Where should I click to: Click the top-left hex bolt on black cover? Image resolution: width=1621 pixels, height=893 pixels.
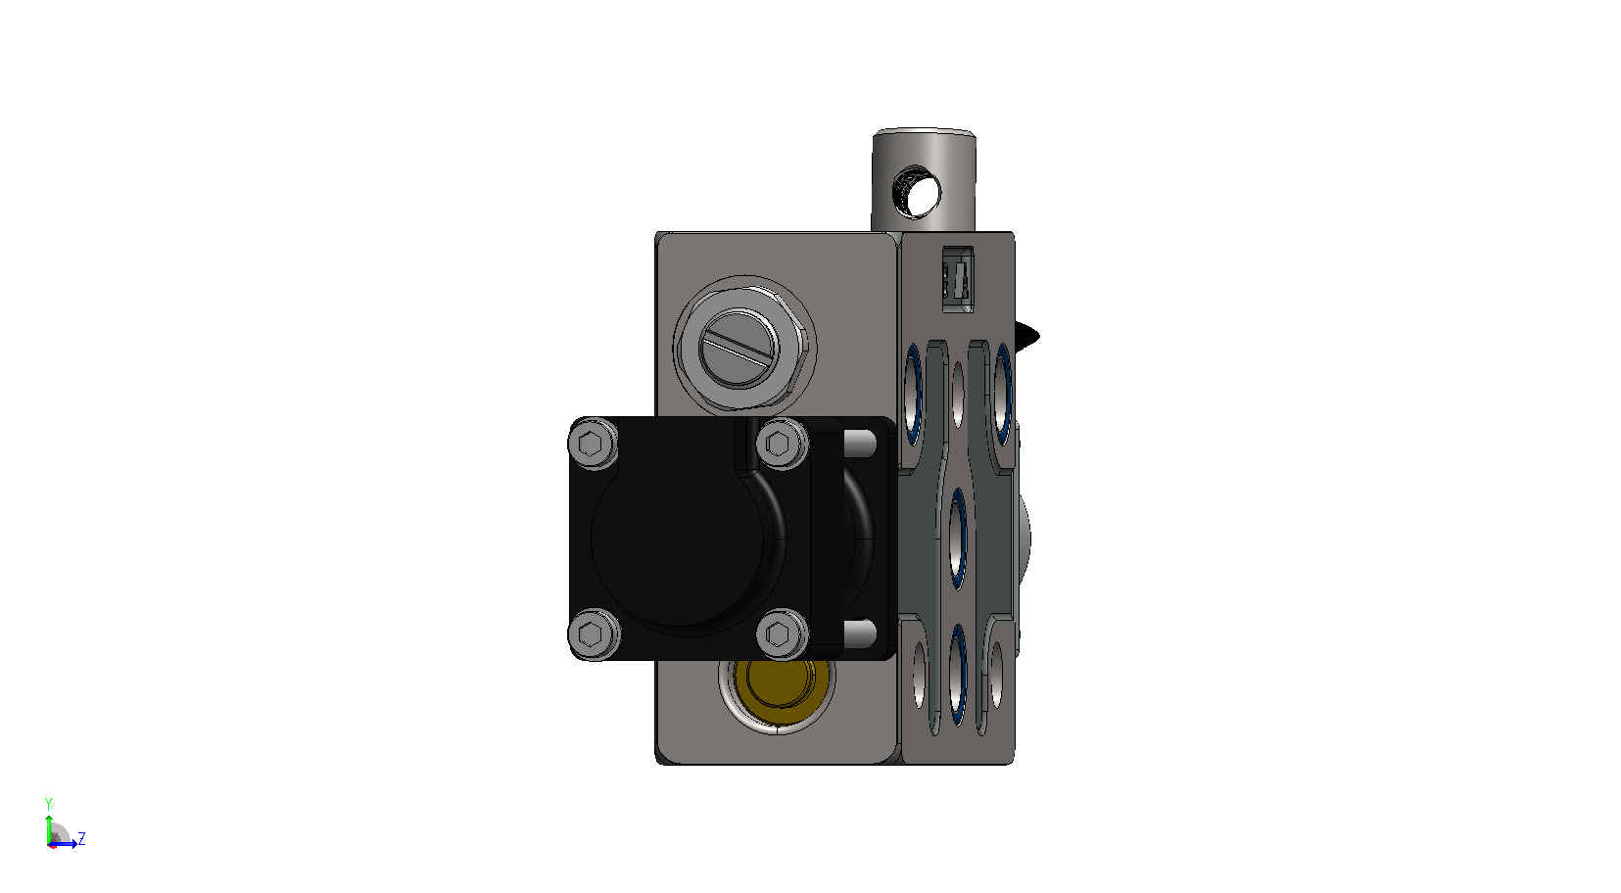(593, 444)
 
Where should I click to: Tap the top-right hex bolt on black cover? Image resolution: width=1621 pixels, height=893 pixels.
(781, 443)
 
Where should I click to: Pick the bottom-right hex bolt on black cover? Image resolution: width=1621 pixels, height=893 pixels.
(781, 634)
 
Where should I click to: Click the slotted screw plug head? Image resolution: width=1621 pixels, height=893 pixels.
(739, 348)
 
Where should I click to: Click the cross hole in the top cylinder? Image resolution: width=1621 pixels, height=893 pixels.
(919, 192)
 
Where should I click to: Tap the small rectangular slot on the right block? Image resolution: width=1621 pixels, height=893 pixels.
(957, 279)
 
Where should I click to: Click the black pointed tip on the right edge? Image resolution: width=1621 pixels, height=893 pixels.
(1027, 336)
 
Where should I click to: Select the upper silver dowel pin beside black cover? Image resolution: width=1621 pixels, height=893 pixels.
(860, 443)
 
